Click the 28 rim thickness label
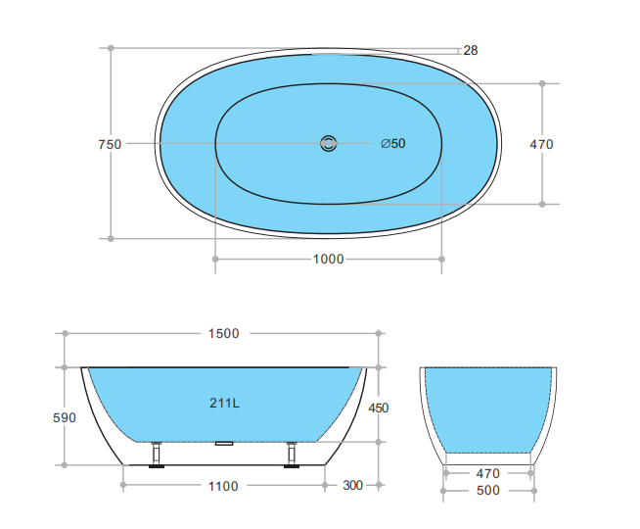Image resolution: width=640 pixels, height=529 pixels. pyautogui.click(x=471, y=50)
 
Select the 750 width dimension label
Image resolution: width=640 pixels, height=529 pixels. pyautogui.click(x=110, y=144)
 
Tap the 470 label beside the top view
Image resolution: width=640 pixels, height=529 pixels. pyautogui.click(x=541, y=144)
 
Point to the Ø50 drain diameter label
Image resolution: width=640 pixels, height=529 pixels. pyautogui.click(x=393, y=144)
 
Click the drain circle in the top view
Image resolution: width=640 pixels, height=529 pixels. pyautogui.click(x=328, y=144)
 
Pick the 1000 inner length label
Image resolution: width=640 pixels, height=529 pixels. pyautogui.click(x=328, y=259)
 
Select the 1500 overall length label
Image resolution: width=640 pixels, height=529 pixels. pyautogui.click(x=223, y=333)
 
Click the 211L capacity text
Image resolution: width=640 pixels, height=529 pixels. pyautogui.click(x=224, y=403)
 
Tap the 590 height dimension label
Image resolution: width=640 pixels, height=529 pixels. pyautogui.click(x=64, y=417)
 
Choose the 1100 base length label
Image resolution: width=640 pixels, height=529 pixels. pyautogui.click(x=223, y=486)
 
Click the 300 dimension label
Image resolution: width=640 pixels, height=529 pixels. pyautogui.click(x=353, y=486)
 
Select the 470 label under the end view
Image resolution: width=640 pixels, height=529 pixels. pyautogui.click(x=488, y=471)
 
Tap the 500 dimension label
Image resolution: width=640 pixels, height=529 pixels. pyautogui.click(x=488, y=490)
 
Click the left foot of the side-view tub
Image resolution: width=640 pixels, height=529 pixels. pyautogui.click(x=156, y=457)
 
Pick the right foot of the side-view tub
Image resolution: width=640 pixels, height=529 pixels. pyautogui.click(x=291, y=457)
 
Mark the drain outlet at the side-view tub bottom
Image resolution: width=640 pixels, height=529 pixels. pyautogui.click(x=224, y=443)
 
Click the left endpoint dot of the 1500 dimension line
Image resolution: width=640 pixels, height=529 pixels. pyautogui.click(x=66, y=333)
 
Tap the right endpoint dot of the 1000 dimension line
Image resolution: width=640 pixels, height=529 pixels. pyautogui.click(x=441, y=259)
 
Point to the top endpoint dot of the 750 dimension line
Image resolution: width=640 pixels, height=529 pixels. pyautogui.click(x=111, y=47)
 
